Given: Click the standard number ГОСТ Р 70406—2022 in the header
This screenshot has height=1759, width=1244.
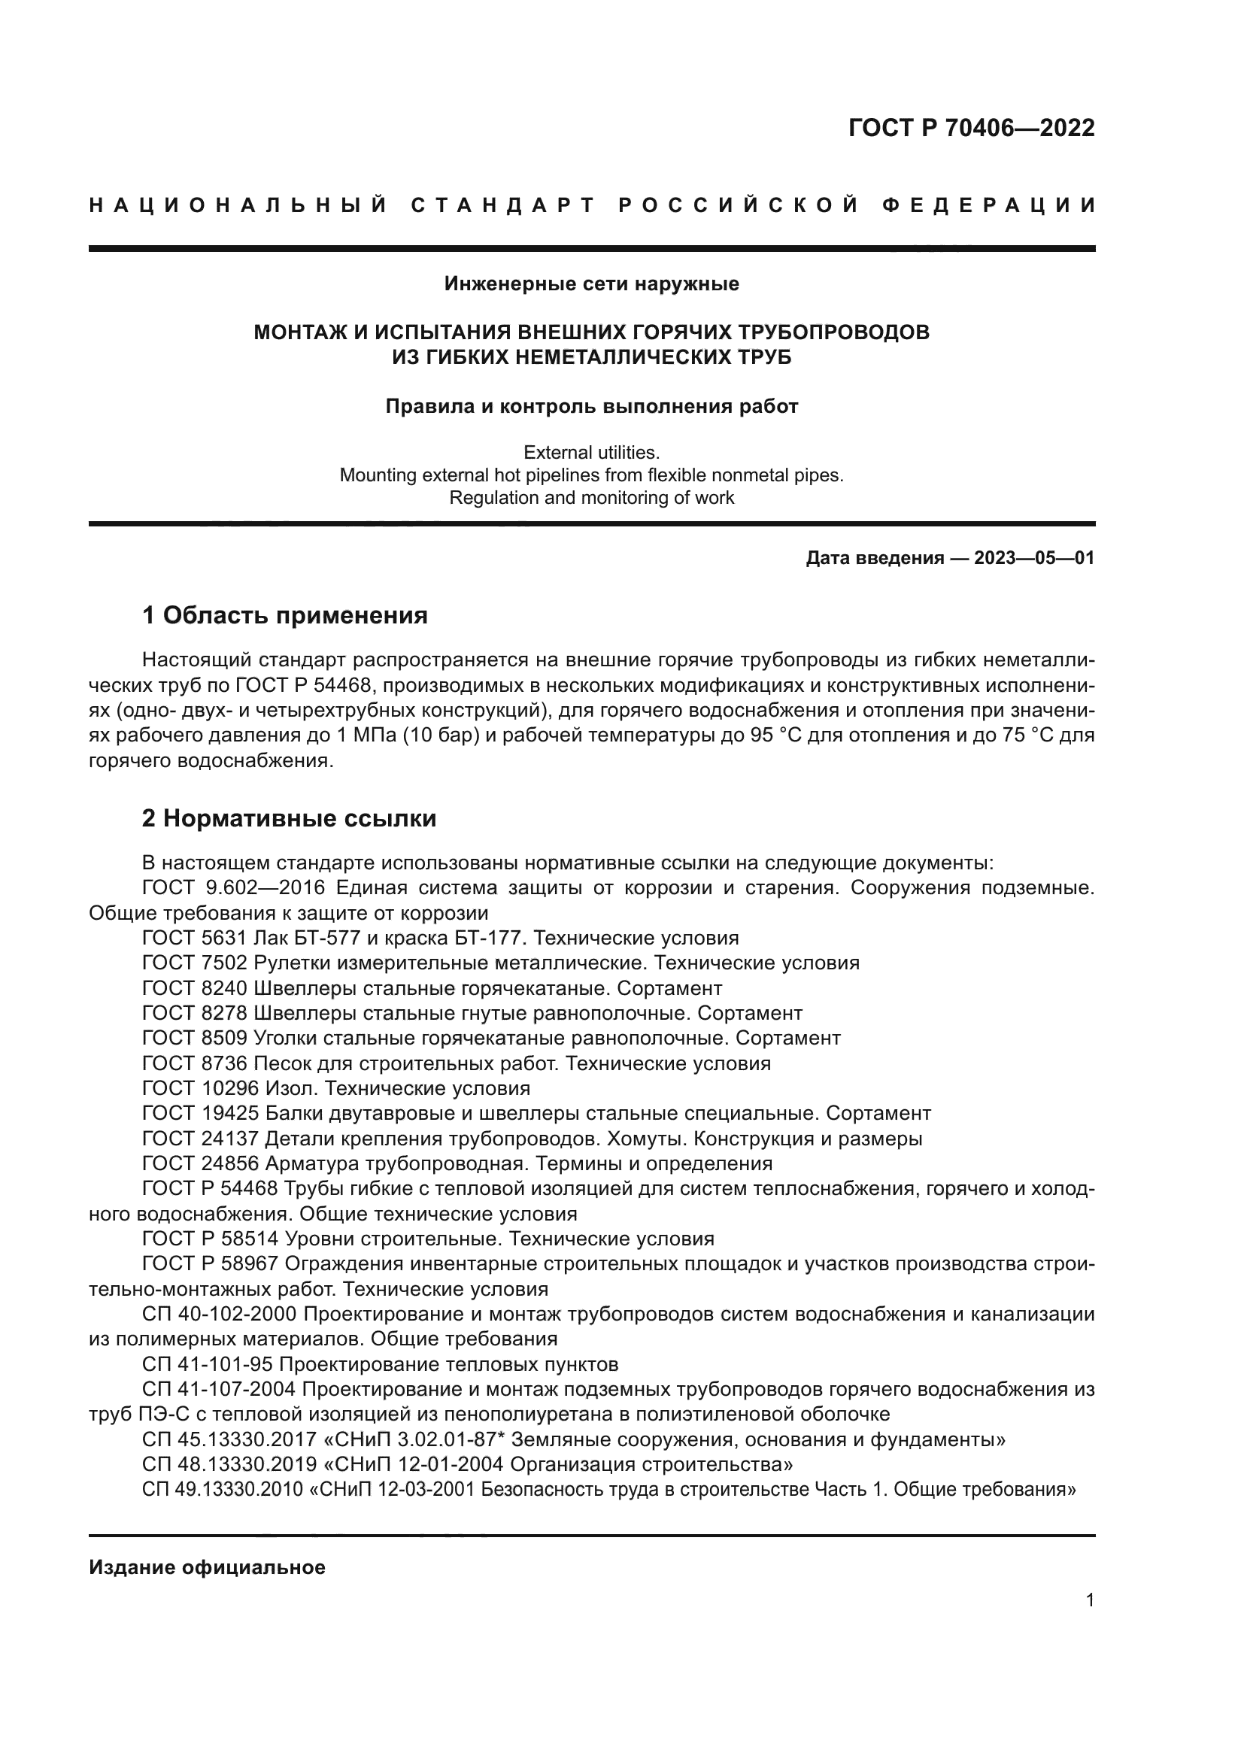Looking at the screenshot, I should (971, 128).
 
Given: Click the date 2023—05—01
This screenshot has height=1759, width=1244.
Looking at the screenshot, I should (1034, 558).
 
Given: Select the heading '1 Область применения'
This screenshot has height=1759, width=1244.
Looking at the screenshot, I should (284, 614).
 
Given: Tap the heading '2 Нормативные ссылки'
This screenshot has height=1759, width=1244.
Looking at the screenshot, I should (289, 818).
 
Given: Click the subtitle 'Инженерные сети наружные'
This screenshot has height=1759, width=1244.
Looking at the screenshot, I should (591, 284).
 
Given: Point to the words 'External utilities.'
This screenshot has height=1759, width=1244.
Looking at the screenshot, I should (591, 452).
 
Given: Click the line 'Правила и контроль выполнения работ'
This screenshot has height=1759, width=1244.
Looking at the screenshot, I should (591, 407).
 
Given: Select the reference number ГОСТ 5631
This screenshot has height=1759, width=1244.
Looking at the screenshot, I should (195, 938).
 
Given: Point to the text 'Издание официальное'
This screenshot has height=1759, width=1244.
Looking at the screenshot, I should (207, 1567).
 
